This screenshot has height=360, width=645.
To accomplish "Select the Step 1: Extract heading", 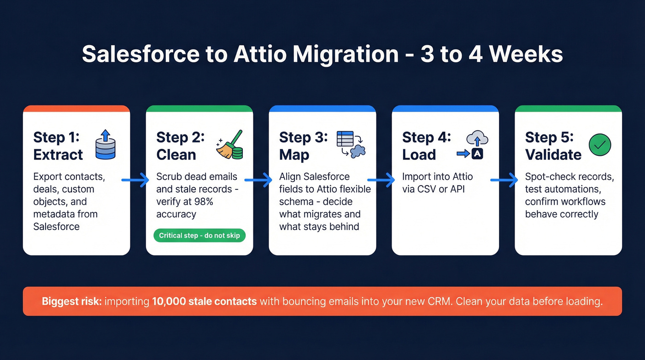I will tap(58, 146).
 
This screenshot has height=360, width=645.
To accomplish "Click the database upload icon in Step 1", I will tap(106, 145).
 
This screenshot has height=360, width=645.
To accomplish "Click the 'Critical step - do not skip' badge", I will tap(199, 236).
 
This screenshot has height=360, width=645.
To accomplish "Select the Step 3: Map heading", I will tap(303, 146).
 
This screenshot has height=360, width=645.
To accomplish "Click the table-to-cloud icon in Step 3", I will tap(351, 145).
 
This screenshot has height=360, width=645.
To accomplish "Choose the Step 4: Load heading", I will tap(426, 146).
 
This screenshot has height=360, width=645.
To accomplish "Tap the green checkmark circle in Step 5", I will tap(600, 145).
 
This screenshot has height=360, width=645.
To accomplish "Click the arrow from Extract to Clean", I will tap(136, 180).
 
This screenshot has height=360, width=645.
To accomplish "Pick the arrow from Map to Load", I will tap(382, 180).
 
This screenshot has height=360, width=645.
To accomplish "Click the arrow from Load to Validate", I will tap(504, 180).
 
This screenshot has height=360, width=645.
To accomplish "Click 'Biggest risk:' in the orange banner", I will tap(71, 301).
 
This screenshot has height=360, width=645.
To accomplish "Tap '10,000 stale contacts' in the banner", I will tap(204, 301).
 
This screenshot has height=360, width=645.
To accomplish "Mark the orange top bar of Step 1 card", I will tap(76, 109).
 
